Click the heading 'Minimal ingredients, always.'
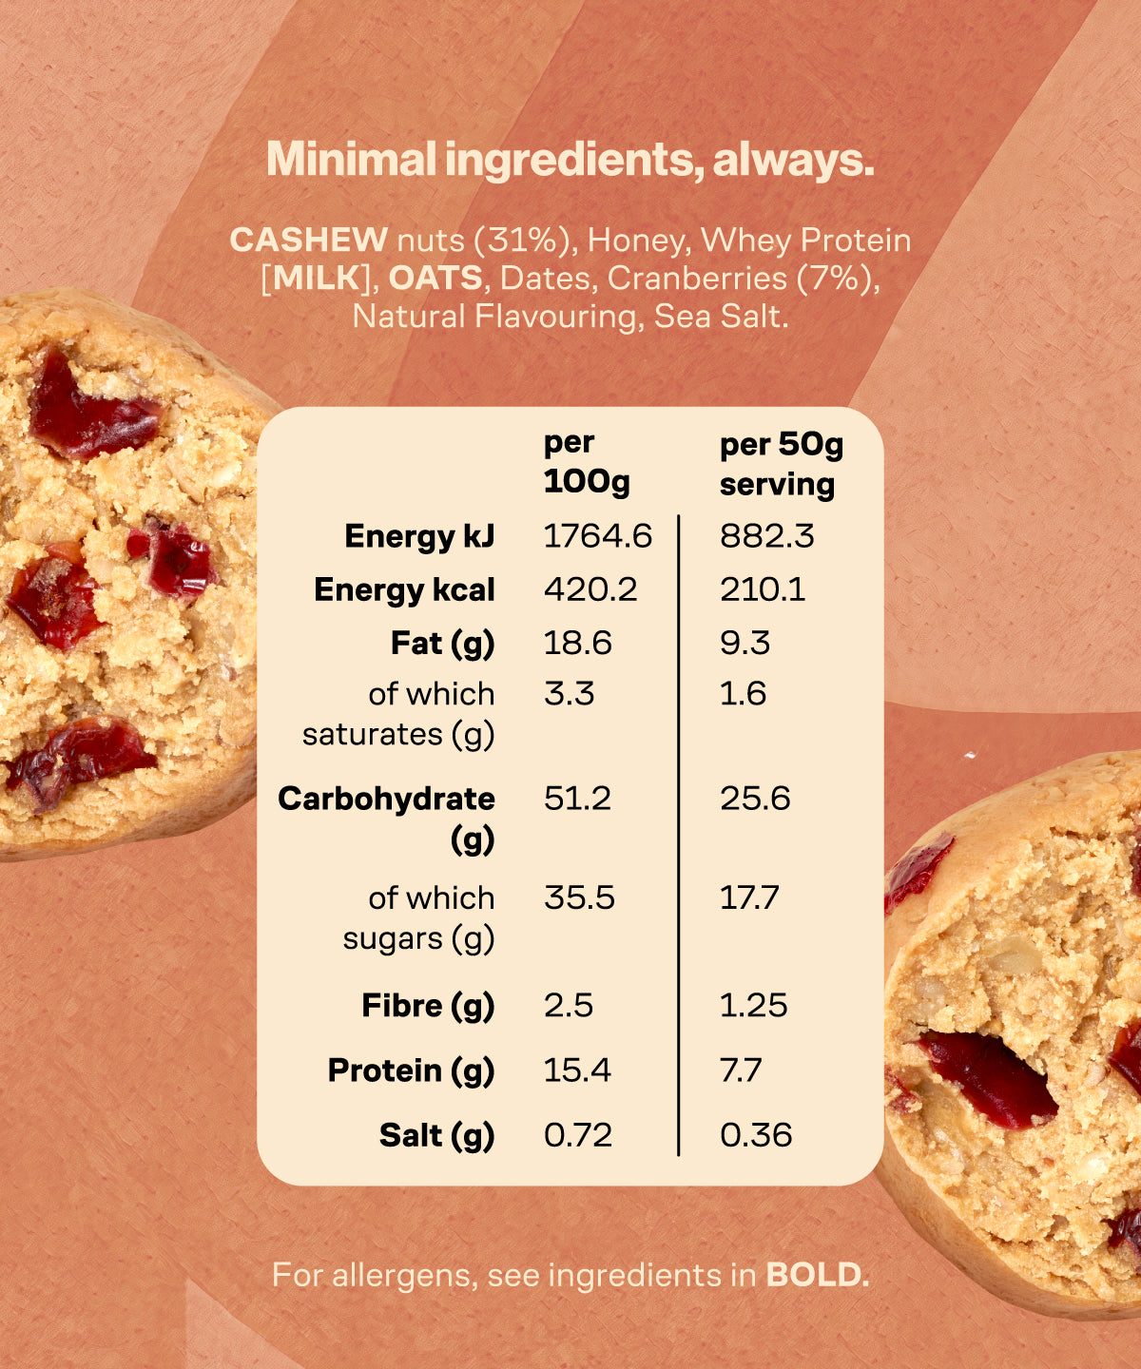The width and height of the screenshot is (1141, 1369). [570, 160]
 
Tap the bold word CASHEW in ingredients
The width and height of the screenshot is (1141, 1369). [308, 240]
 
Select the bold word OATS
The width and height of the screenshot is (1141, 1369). [435, 278]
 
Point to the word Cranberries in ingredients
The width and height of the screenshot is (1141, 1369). [697, 278]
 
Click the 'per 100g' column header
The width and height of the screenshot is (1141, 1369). [586, 462]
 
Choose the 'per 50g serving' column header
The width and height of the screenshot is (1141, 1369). [781, 464]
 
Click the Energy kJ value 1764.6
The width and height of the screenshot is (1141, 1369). [597, 536]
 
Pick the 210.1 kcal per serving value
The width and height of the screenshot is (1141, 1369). [762, 589]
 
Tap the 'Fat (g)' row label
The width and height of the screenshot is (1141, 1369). [442, 644]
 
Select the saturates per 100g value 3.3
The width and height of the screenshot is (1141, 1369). [569, 694]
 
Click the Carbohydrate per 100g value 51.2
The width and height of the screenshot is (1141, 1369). [577, 799]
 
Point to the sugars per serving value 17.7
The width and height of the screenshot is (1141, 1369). [749, 897]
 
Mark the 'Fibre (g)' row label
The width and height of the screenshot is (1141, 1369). [428, 1006]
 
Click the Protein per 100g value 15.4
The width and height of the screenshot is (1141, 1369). [577, 1070]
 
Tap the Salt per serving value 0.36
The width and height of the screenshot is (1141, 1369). [756, 1135]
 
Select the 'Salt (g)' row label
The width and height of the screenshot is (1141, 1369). [436, 1135]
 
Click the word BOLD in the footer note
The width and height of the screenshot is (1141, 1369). [817, 1275]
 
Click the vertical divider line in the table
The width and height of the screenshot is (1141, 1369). [679, 837]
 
